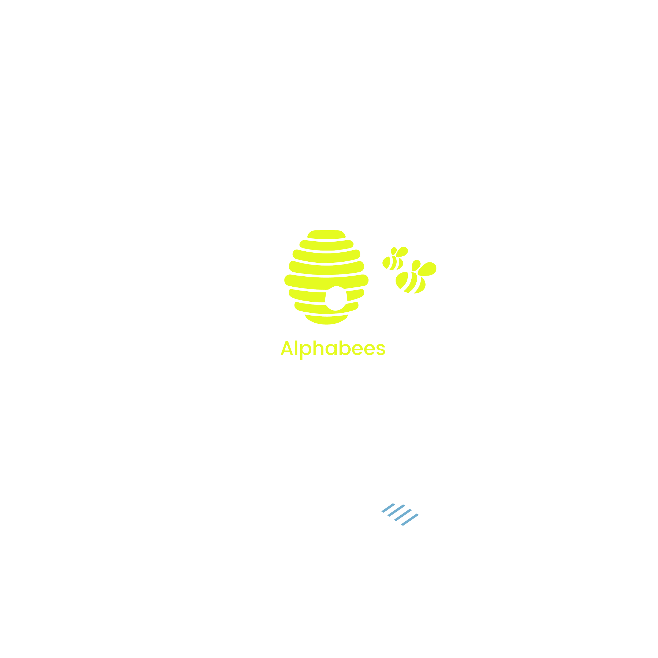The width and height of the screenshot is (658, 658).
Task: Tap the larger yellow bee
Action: (x=416, y=277)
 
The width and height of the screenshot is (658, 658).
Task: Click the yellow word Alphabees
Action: (x=333, y=349)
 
